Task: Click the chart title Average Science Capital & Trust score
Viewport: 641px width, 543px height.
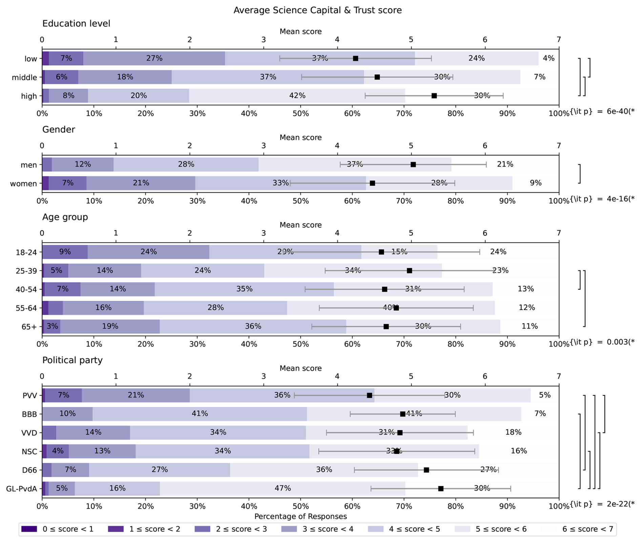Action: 317,10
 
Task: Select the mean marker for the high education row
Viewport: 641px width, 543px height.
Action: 434,96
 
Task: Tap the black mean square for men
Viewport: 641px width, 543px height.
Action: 413,164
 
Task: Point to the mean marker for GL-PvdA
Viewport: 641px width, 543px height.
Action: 440,488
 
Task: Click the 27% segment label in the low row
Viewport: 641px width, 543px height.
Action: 154,58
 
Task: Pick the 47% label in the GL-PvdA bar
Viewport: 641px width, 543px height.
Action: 283,488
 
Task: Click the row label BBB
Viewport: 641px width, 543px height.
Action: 29,414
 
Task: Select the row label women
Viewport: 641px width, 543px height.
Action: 23,184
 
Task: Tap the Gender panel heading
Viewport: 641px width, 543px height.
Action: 59,130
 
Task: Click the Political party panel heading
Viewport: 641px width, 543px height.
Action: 72,360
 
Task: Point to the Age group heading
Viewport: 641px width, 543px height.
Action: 65,217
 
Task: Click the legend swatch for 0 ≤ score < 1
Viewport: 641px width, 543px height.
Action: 29,529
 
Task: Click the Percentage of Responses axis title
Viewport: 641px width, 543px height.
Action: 301,516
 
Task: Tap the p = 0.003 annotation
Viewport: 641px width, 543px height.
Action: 602,342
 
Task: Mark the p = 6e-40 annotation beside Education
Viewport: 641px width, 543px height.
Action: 602,112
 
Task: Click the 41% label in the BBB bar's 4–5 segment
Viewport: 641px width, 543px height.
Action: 200,413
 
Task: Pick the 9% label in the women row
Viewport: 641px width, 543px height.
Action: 536,183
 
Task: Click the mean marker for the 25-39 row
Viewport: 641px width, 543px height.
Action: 409,271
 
